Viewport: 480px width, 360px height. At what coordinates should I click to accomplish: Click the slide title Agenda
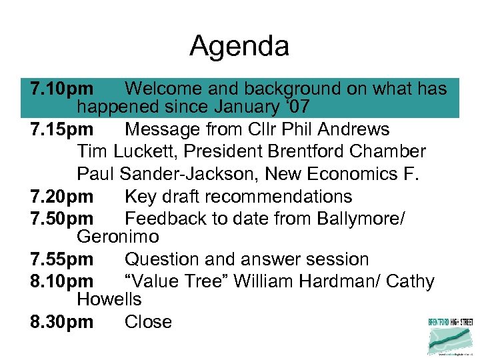(239, 46)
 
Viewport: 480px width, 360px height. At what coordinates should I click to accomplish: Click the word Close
(148, 322)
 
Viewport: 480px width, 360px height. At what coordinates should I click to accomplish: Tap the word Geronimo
(118, 237)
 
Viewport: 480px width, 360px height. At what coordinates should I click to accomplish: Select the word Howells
(109, 299)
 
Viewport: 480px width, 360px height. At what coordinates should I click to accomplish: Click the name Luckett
(145, 151)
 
